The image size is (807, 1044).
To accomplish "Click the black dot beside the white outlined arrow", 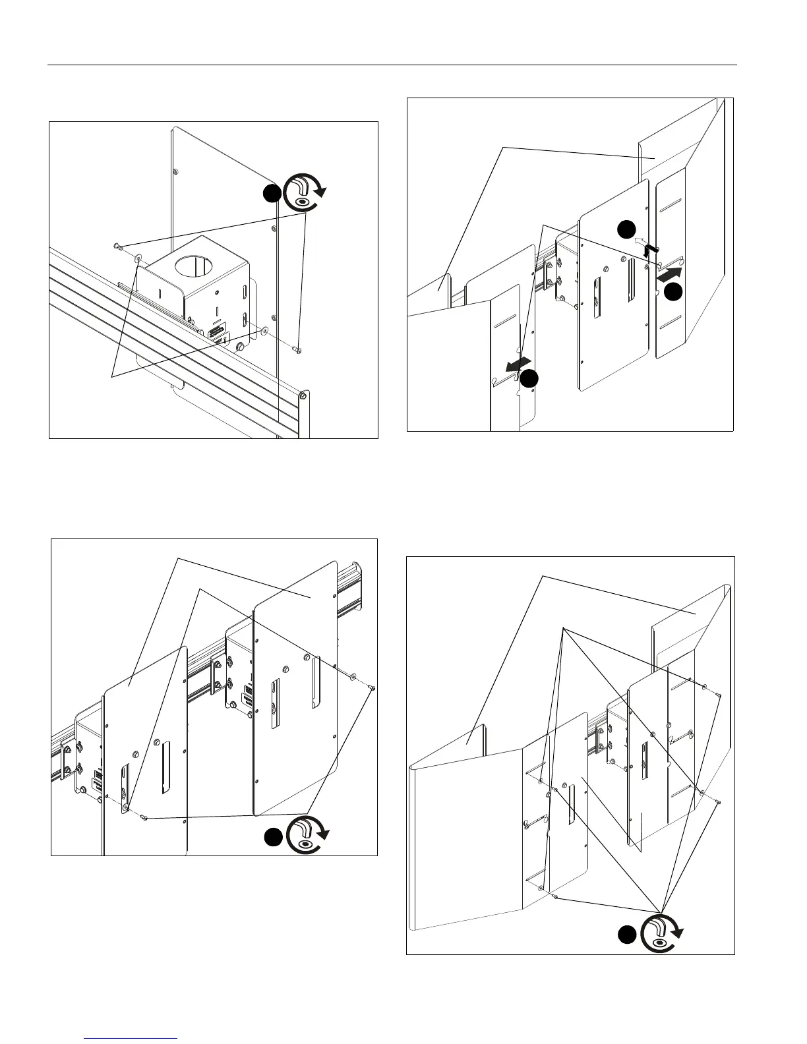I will tap(627, 229).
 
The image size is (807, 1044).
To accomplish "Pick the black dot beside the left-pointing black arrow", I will tap(529, 378).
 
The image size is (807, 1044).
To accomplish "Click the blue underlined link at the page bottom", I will tap(131, 1037).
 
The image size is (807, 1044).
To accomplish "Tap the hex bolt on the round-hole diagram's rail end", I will tap(302, 396).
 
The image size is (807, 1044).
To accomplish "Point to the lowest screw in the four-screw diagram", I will tap(557, 897).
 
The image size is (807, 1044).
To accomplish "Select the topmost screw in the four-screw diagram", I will tap(718, 694).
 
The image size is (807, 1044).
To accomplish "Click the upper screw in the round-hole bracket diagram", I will tap(117, 246).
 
